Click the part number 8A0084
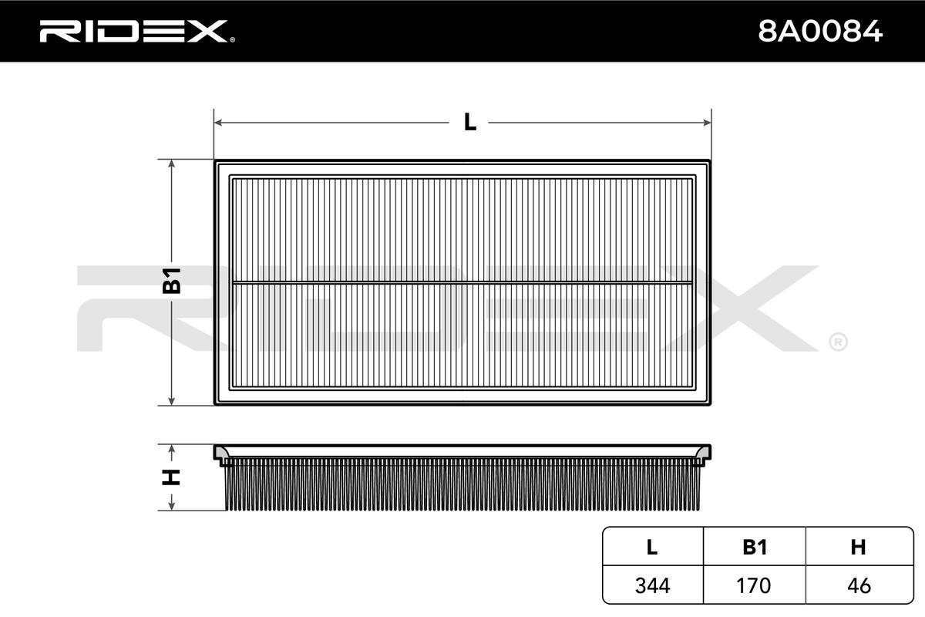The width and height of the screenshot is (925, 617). point(820,31)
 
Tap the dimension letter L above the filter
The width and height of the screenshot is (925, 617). point(469,122)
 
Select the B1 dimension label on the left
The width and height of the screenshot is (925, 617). point(171,282)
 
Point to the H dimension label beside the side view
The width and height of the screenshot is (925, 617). point(171,477)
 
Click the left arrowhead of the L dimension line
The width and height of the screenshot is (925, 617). point(218,122)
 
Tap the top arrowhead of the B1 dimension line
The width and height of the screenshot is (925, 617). point(171,164)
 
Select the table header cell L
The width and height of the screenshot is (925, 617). point(652,548)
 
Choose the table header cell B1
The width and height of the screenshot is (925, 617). point(754,548)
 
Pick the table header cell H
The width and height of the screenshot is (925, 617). point(858,548)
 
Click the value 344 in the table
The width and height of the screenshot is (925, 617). point(652,585)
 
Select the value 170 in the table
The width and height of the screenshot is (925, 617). point(754,585)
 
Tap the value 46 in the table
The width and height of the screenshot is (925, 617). point(858,585)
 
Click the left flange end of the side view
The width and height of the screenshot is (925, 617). point(221,455)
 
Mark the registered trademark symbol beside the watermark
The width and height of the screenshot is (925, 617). point(838,342)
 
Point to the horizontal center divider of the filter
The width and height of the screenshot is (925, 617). point(462,282)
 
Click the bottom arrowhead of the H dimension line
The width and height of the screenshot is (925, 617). point(171,507)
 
